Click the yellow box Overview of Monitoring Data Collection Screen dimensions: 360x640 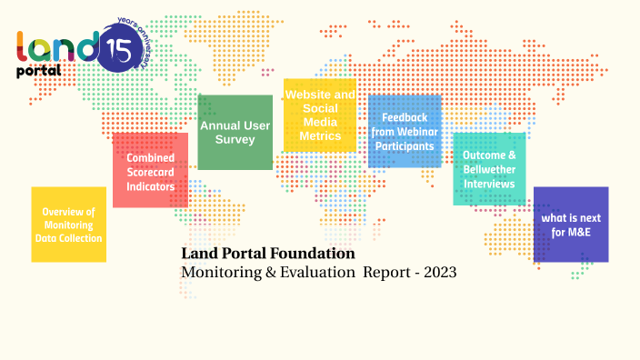coord(69,224)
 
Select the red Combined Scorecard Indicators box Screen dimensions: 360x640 coord(150,170)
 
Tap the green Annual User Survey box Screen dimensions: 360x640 coord(235,132)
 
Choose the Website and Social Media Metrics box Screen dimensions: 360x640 coord(319,115)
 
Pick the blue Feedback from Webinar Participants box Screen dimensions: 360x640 coord(405,131)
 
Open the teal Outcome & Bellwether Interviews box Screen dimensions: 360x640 coord(489,169)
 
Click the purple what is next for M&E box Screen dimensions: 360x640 coord(570,224)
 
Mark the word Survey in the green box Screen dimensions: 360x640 coord(235,140)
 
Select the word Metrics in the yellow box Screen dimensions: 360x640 coord(319,135)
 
